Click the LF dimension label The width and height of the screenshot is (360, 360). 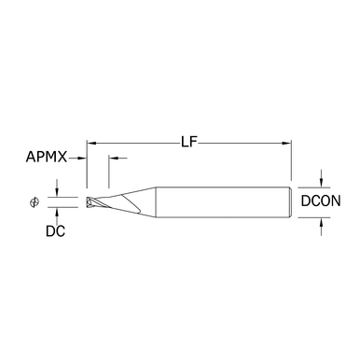(189, 143)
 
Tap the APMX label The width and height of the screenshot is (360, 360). (47, 157)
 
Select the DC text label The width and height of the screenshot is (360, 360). (55, 231)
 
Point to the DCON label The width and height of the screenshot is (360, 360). (321, 201)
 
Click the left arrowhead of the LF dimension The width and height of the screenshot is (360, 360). (90, 144)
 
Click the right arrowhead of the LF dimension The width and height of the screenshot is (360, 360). (286, 144)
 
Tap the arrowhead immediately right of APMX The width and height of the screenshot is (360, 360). (82, 159)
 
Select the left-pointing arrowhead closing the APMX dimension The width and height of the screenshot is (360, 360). (113, 159)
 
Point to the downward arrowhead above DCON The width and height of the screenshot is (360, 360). (322, 183)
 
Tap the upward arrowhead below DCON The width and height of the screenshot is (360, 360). (322, 222)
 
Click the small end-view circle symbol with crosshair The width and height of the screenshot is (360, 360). (35, 202)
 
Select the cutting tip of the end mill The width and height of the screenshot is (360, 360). (90, 202)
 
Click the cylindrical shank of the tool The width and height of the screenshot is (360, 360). (223, 202)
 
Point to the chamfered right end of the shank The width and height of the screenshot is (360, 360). (290, 202)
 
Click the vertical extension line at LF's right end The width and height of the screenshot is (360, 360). (291, 160)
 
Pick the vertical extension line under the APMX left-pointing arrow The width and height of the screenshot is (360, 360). (109, 172)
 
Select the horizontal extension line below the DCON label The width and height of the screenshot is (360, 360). (314, 217)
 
